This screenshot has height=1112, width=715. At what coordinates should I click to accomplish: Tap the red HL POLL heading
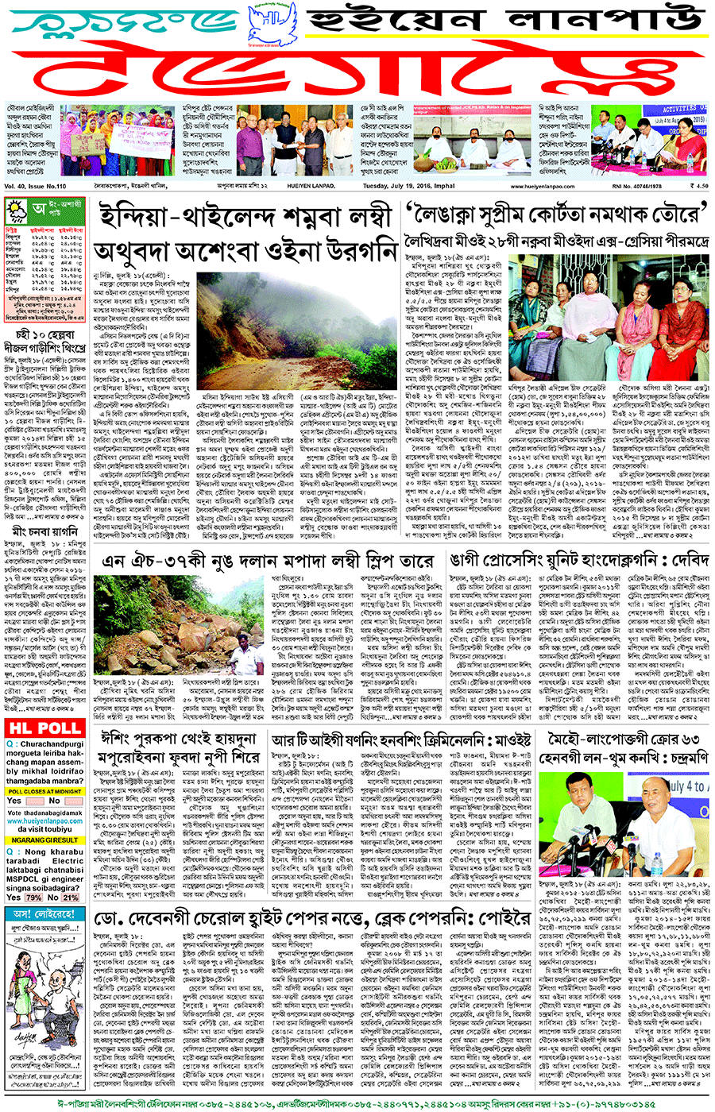click(x=44, y=728)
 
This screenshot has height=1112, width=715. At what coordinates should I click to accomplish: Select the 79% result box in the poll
click(x=33, y=898)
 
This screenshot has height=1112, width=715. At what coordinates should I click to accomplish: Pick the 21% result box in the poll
click(x=71, y=898)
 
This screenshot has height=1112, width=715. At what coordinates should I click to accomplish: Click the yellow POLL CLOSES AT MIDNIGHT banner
click(x=44, y=792)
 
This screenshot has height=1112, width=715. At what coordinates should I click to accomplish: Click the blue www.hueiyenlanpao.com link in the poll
click(x=44, y=821)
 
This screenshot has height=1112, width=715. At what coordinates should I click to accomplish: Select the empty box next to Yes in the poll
click(x=33, y=801)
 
